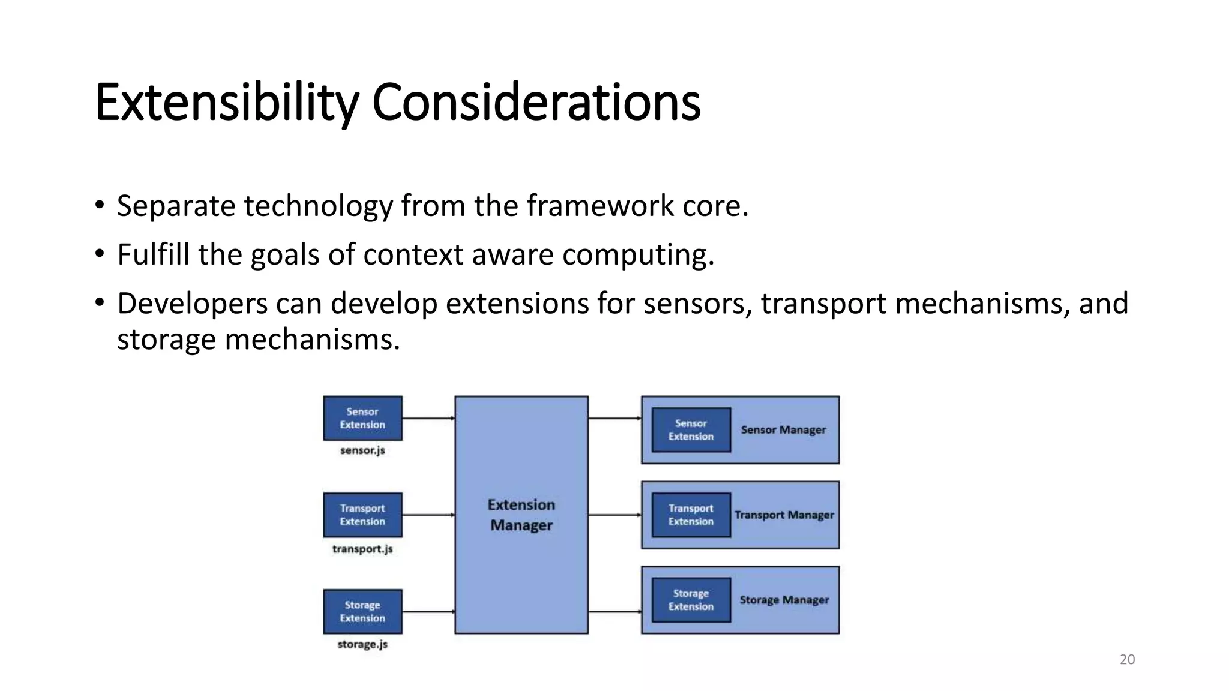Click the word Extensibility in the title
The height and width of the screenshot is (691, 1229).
pos(227,103)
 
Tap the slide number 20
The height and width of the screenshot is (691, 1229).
pos(1127,660)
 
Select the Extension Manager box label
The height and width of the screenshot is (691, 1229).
pos(521,515)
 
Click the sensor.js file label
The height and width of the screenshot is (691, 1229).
pos(362,450)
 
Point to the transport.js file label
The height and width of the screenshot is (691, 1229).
pos(362,549)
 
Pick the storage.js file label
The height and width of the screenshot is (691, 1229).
pos(362,644)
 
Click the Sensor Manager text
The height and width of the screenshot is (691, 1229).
pos(783,430)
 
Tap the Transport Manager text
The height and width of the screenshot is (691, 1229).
pos(784,515)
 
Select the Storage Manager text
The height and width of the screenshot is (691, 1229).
pos(784,600)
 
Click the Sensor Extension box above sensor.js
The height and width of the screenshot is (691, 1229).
pos(362,418)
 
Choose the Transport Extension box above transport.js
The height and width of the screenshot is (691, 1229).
pos(362,515)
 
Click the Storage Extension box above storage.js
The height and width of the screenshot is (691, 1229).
pos(362,611)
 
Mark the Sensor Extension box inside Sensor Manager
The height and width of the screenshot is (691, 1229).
pos(691,430)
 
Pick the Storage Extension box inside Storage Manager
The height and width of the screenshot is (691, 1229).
pos(691,600)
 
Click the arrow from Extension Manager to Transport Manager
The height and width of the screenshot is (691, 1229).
pos(614,515)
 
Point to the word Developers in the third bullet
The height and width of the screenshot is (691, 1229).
pos(192,303)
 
